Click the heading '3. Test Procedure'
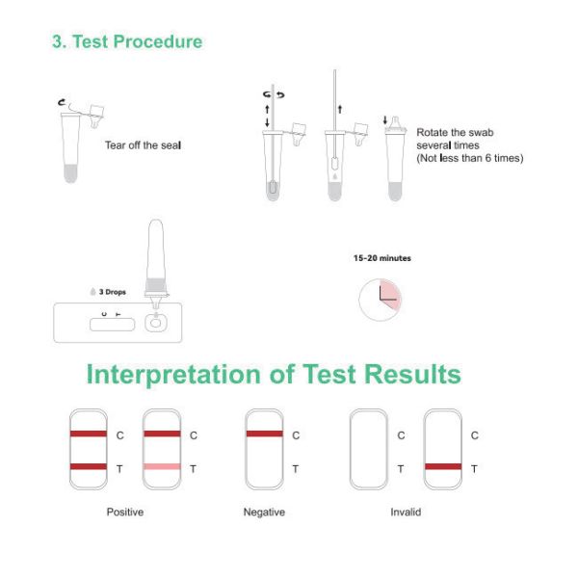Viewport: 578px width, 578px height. pyautogui.click(x=126, y=41)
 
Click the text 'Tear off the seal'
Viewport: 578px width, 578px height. pyautogui.click(x=143, y=145)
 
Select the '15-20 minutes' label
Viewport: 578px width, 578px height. pyautogui.click(x=381, y=258)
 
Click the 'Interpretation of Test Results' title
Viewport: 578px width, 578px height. pyautogui.click(x=274, y=374)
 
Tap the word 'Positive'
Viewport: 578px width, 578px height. pyautogui.click(x=124, y=512)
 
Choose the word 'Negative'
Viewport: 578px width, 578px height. pyautogui.click(x=264, y=512)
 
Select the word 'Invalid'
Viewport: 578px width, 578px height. pyautogui.click(x=406, y=512)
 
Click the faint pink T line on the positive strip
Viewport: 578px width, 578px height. pyautogui.click(x=161, y=467)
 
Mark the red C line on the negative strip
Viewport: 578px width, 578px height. pyautogui.click(x=264, y=434)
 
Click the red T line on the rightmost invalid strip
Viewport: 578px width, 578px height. pyautogui.click(x=442, y=467)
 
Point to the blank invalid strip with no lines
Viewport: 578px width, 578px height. pyautogui.click(x=369, y=450)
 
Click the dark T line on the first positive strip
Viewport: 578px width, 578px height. pyautogui.click(x=88, y=467)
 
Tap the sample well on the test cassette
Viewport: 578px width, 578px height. pyautogui.click(x=154, y=322)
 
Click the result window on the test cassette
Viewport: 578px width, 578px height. pyautogui.click(x=111, y=324)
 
